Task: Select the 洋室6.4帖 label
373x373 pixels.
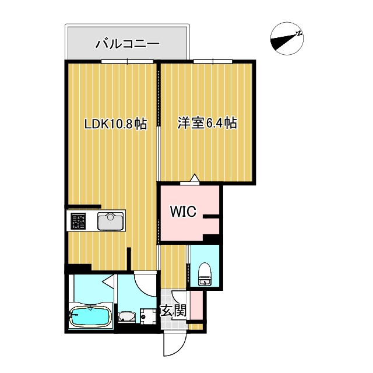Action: coord(207,124)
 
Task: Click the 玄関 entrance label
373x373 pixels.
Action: coord(173,311)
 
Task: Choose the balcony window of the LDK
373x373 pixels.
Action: coord(127,61)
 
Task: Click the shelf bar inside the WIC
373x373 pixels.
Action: coord(210,217)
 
